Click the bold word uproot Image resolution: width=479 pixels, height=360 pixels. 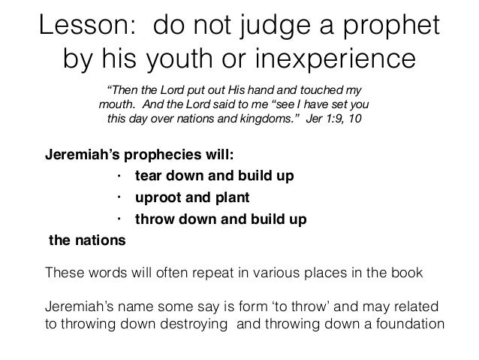coord(155,198)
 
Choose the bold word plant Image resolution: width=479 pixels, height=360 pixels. coord(232,198)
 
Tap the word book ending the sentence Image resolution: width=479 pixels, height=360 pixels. coord(407,273)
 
